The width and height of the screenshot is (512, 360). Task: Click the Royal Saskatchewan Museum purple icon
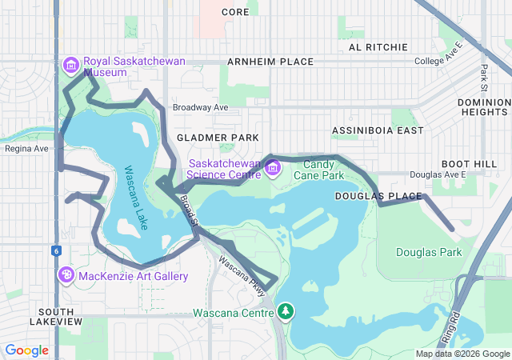click(x=70, y=64)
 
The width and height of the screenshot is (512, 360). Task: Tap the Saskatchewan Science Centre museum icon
click(x=272, y=168)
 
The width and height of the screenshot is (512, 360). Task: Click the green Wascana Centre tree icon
click(x=286, y=310)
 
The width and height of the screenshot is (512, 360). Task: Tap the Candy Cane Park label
click(x=318, y=169)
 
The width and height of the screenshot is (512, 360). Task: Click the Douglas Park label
click(x=429, y=252)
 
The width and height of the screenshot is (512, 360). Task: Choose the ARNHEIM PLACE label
click(x=270, y=62)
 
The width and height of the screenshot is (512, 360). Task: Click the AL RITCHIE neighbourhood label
click(x=377, y=47)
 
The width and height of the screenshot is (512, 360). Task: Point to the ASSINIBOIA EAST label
click(x=378, y=130)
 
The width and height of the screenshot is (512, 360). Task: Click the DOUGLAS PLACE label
click(x=366, y=196)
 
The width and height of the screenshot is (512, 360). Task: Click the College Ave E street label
click(x=438, y=62)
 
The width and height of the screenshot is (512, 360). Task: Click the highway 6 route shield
click(x=58, y=250)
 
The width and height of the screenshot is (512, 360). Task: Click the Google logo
click(x=26, y=350)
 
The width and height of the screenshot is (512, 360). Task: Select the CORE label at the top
click(x=235, y=12)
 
